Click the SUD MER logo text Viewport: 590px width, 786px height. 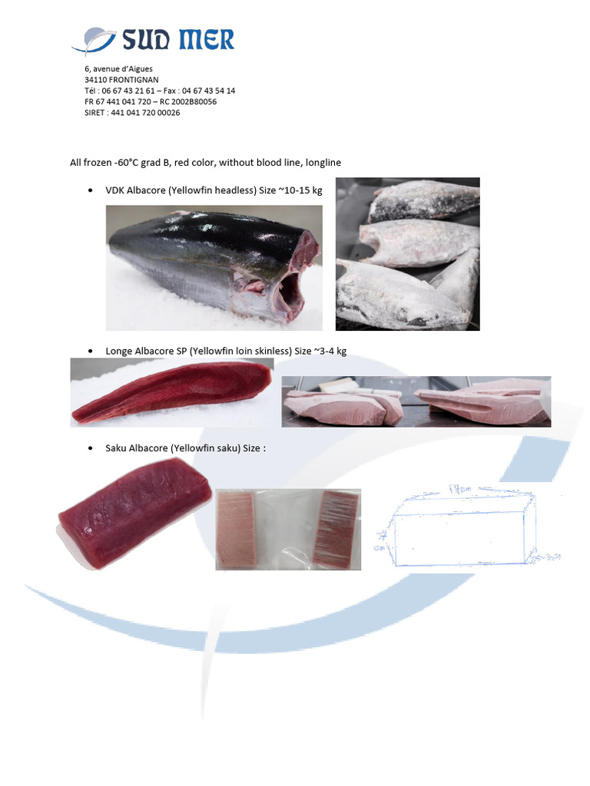coord(176,39)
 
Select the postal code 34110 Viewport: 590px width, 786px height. coord(94,80)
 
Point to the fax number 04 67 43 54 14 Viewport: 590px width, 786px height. coord(207,91)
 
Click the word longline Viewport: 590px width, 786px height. coord(323,163)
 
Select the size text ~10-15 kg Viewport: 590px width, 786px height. coord(300,190)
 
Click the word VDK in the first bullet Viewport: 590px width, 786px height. coord(114,190)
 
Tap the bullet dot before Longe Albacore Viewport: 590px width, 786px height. coord(91,352)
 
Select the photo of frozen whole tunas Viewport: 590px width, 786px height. coord(407,254)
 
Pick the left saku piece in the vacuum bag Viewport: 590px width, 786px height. coord(238,527)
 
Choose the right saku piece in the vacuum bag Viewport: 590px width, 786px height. coord(335,527)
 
